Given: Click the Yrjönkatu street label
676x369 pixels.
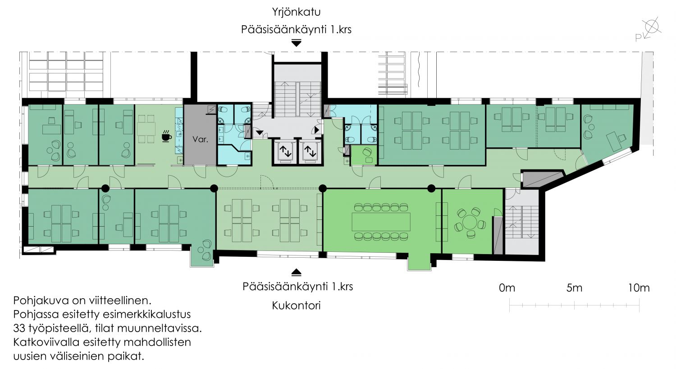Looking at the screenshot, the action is [x=296, y=12].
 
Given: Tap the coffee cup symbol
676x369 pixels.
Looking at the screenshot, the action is [x=166, y=136].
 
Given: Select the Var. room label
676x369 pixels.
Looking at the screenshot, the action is [x=201, y=139].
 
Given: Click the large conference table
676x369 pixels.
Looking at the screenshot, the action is [x=381, y=222].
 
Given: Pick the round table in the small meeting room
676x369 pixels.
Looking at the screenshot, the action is [x=470, y=223].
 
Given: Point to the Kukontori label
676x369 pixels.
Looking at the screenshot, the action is [x=296, y=305].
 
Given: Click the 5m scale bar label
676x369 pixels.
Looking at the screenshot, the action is [x=574, y=288].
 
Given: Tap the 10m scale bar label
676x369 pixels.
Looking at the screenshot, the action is [x=639, y=288].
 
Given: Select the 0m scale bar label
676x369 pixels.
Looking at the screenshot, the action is [x=507, y=288].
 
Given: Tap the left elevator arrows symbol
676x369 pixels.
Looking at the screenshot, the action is [x=285, y=151].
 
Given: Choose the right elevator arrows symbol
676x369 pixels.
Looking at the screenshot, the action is [x=310, y=151].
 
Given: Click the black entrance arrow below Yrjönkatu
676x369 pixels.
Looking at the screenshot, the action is [x=297, y=43].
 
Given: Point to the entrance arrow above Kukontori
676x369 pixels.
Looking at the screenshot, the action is [x=297, y=272].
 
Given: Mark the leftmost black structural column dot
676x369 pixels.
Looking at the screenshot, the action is [x=105, y=189].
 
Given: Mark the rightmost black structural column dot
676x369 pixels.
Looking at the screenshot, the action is [x=431, y=189].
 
